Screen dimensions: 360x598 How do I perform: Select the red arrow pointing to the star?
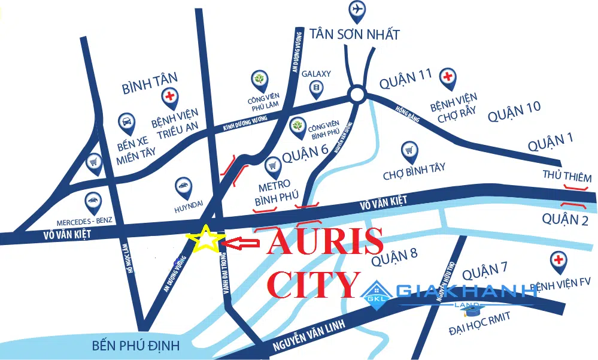coord(239,243)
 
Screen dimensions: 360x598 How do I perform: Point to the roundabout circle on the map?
coord(357,93)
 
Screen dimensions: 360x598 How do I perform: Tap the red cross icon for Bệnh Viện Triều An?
coord(170,96)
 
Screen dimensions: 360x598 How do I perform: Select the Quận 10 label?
coord(514,111)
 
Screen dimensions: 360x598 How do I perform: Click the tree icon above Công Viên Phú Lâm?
coord(260,79)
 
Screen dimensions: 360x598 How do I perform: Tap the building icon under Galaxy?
coord(315,89)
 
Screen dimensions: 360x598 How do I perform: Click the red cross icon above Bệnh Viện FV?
coord(558,260)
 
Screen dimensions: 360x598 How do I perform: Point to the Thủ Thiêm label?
coord(566,177)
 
